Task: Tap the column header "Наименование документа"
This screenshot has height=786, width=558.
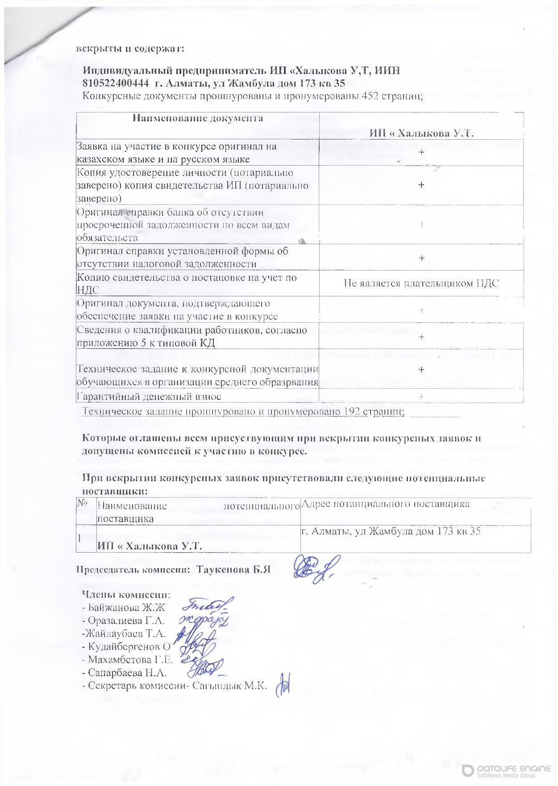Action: [x=198, y=118]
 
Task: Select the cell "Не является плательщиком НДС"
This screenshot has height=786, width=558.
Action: [x=421, y=283]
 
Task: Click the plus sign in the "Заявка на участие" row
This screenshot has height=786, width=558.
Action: [x=421, y=153]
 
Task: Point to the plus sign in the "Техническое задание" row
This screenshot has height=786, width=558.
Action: [x=421, y=369]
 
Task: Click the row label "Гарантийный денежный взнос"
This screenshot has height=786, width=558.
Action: [x=150, y=396]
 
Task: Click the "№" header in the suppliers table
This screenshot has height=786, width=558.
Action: [x=82, y=503]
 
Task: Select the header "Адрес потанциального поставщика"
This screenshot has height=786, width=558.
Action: [x=386, y=504]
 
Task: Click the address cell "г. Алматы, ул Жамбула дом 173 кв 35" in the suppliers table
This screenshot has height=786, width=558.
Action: [x=391, y=532]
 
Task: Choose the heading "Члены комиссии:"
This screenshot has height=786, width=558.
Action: [x=126, y=595]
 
